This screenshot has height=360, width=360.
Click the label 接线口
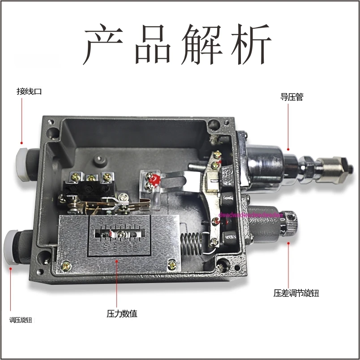(29, 92)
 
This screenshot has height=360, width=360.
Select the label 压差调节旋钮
(296, 294)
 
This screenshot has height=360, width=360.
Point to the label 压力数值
(121, 313)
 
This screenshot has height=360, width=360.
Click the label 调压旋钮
(21, 320)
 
